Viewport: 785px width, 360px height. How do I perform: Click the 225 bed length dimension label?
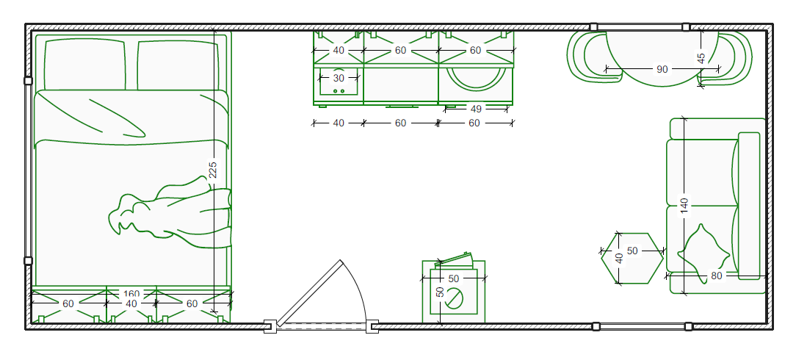213,170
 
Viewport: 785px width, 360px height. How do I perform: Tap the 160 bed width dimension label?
131,293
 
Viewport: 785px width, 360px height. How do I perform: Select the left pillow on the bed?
84,65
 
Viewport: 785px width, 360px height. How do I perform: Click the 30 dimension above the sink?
339,78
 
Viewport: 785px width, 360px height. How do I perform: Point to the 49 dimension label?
476,109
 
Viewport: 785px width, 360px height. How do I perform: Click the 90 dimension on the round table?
662,69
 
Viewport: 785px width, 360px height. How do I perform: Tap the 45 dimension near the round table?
701,59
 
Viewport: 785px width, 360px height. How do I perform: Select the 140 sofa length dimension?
684,206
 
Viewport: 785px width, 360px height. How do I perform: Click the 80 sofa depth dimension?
717,276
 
